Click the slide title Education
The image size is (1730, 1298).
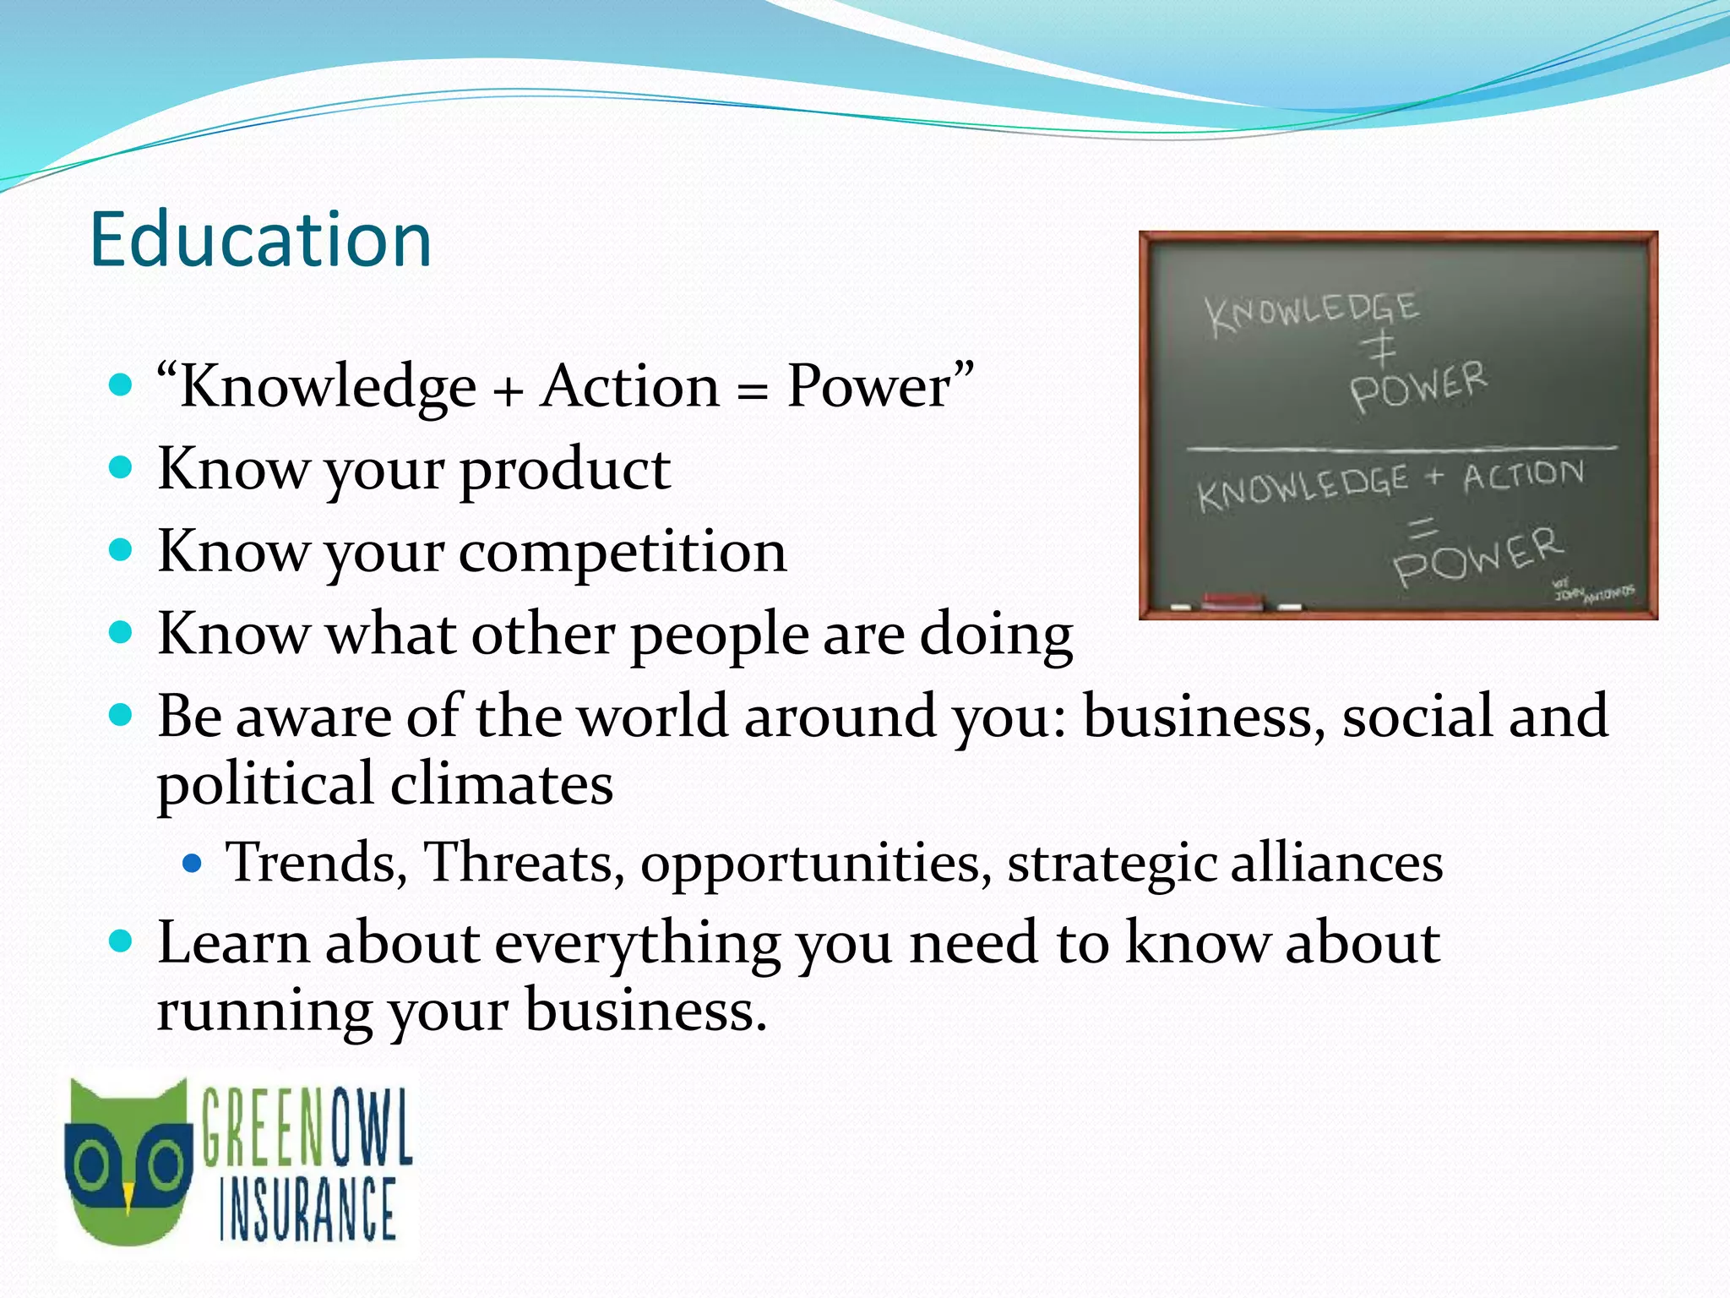[x=260, y=240]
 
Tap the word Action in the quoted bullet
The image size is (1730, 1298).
[x=629, y=387]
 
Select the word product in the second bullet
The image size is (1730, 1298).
[x=564, y=469]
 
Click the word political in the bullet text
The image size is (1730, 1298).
[x=266, y=783]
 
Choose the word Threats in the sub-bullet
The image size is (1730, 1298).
[x=524, y=863]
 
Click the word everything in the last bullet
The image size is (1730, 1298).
[x=637, y=945]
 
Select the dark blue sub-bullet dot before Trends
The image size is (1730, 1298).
[x=193, y=864]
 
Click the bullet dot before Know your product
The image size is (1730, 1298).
[x=122, y=467]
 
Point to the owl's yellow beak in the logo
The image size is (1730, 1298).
[x=128, y=1196]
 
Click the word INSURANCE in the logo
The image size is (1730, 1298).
[x=307, y=1210]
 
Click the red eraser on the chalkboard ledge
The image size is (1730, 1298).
[x=1232, y=602]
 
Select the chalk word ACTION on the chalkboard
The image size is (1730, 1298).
[x=1523, y=475]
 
